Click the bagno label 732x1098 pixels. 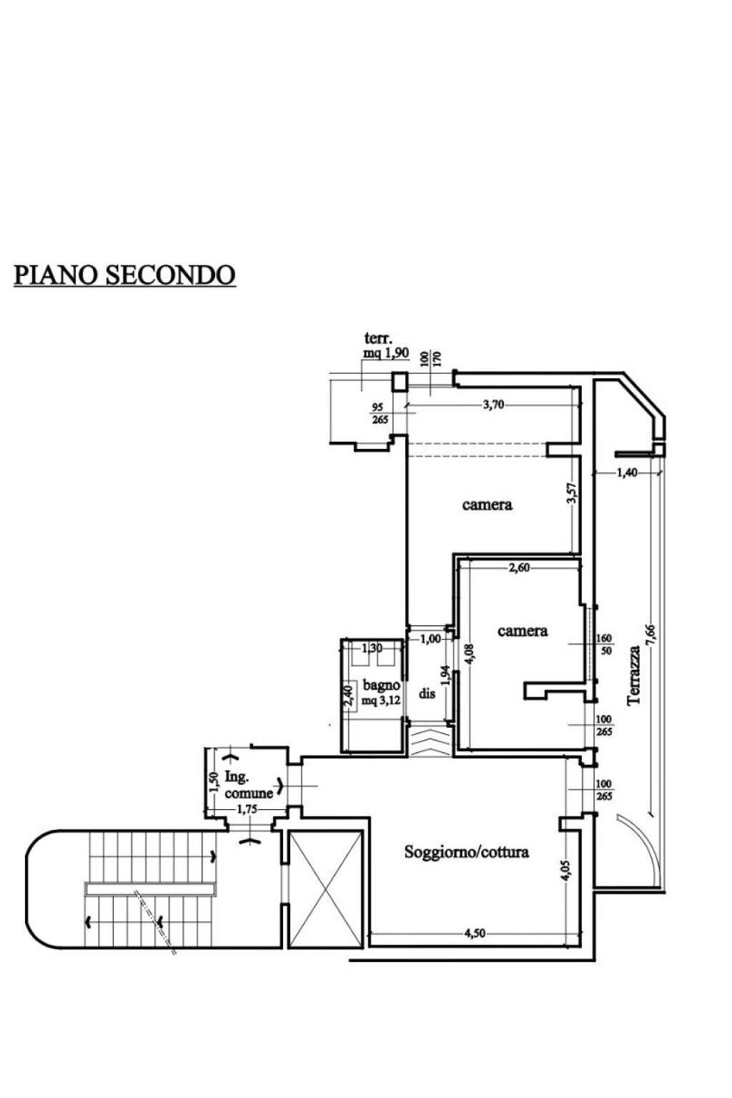381,686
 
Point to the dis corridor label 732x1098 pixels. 427,693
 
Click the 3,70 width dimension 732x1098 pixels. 493,405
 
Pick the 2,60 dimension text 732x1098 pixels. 519,568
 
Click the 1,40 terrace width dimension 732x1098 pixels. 627,473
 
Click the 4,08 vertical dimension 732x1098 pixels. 470,654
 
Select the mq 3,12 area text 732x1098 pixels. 381,701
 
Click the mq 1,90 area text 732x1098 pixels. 386,353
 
